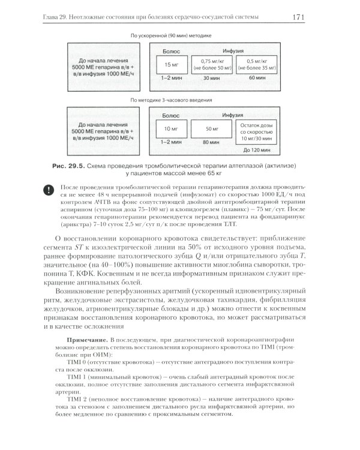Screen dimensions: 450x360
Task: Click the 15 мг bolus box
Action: pos(167,64)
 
